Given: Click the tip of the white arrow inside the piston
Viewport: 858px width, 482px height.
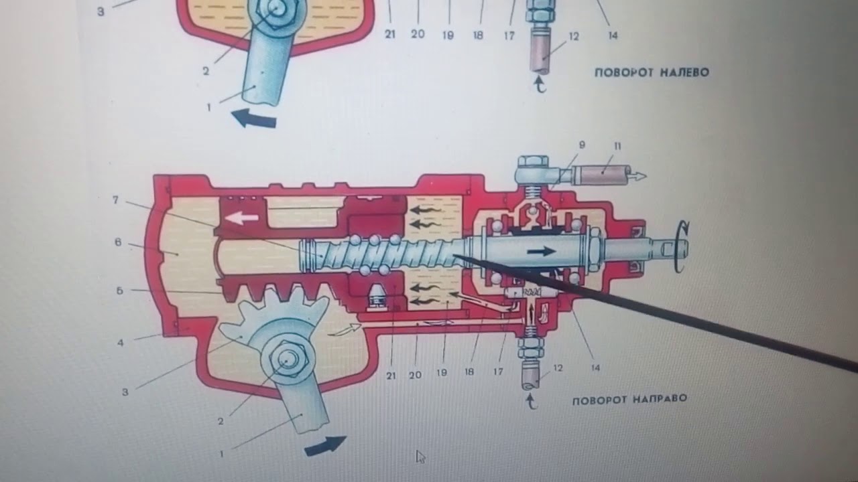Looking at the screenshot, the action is coord(225,218).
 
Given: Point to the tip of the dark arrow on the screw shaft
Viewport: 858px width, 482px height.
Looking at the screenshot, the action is coord(556,251).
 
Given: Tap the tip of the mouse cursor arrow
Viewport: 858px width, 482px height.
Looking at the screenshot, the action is coord(417,451).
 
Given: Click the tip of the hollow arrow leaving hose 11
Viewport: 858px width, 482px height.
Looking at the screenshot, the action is coord(647,176).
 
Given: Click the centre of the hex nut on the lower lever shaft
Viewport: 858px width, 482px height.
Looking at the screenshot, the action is coord(286,359).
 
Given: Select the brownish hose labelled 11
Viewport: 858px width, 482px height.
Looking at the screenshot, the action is coord(605,175).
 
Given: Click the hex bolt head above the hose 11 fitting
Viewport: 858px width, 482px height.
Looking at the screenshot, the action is coord(532,161).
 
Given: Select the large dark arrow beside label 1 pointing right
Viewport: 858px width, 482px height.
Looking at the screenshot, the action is coord(325,445).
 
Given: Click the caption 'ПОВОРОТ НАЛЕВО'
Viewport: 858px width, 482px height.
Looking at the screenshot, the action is coord(651,72).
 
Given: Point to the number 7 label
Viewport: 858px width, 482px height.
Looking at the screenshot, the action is coord(116,199).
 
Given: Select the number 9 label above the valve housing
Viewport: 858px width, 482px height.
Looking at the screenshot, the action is coord(582,145).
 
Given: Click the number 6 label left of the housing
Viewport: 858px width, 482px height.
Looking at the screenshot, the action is coord(118,242).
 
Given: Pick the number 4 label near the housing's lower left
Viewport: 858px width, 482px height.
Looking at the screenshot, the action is coord(121,342).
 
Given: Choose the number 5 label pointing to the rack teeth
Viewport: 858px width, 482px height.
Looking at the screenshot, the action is coord(120,291).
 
